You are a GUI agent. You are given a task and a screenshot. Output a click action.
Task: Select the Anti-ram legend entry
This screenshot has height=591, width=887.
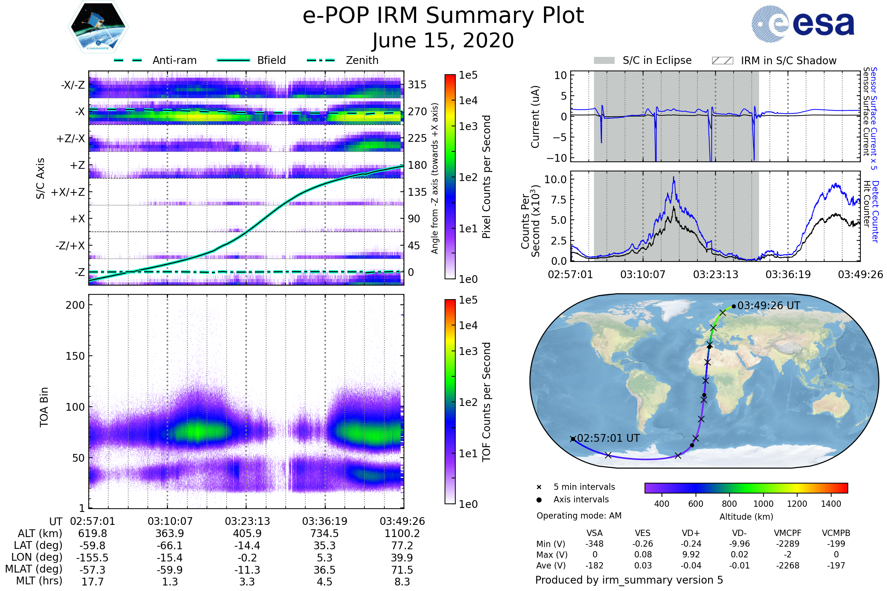pyautogui.click(x=174, y=60)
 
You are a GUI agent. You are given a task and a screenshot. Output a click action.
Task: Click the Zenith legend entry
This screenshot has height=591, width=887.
pyautogui.click(x=362, y=60)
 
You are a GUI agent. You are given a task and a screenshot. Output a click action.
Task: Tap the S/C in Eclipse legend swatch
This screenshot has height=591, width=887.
pyautogui.click(x=604, y=61)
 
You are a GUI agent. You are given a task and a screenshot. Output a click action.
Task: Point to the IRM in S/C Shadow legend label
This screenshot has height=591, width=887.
pyautogui.click(x=788, y=61)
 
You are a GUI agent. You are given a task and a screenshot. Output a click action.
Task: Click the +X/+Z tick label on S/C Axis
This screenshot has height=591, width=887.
pyautogui.click(x=68, y=192)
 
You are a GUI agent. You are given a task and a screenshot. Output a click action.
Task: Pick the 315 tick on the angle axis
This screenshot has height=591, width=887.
pyautogui.click(x=417, y=85)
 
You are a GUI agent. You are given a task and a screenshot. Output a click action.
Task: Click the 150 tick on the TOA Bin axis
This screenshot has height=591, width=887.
pyautogui.click(x=75, y=356)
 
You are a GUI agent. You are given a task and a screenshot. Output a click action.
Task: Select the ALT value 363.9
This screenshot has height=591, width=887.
pyautogui.click(x=170, y=534)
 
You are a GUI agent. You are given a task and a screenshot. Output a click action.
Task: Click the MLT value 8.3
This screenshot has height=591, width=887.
pyautogui.click(x=402, y=581)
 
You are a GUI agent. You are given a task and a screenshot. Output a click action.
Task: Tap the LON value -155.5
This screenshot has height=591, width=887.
pyautogui.click(x=92, y=557)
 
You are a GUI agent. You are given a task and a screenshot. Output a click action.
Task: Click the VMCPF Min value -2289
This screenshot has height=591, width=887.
pyautogui.click(x=788, y=544)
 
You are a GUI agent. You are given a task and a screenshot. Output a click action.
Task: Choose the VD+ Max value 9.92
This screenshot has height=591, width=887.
pyautogui.click(x=691, y=554)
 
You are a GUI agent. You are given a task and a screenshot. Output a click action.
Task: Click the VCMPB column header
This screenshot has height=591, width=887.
pyautogui.click(x=836, y=533)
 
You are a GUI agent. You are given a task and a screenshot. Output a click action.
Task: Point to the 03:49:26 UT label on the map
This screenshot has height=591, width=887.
pyautogui.click(x=768, y=306)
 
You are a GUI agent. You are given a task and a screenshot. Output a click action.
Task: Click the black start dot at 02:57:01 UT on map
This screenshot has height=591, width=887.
pyautogui.click(x=572, y=439)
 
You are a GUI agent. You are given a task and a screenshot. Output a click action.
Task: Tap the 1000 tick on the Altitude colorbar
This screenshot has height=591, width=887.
pyautogui.click(x=763, y=504)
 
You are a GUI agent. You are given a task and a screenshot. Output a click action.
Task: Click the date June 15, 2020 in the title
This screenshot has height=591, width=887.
pyautogui.click(x=443, y=40)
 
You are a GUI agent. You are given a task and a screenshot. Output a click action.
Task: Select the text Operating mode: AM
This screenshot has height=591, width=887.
pyautogui.click(x=578, y=516)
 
